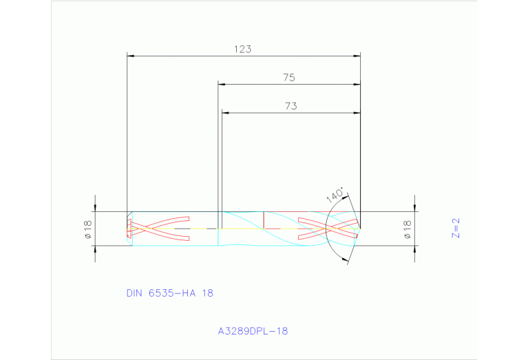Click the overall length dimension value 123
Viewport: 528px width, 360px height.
242,49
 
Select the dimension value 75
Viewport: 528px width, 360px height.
289,78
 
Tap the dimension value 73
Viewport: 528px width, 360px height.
290,106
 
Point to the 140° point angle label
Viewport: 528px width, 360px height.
335,195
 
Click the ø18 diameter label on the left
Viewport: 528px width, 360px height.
88,229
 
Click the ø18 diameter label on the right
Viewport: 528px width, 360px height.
407,229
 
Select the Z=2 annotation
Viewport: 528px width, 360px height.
455,228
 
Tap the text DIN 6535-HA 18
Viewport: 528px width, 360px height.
169,293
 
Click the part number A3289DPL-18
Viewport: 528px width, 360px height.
253,331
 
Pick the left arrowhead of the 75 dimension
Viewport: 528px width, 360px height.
222,85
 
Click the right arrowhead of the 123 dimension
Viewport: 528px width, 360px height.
357,56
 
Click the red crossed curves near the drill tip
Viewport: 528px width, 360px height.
328,229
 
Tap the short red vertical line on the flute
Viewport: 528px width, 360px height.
264,220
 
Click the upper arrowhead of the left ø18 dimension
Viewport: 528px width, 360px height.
96,207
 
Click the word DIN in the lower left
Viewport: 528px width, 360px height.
134,293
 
